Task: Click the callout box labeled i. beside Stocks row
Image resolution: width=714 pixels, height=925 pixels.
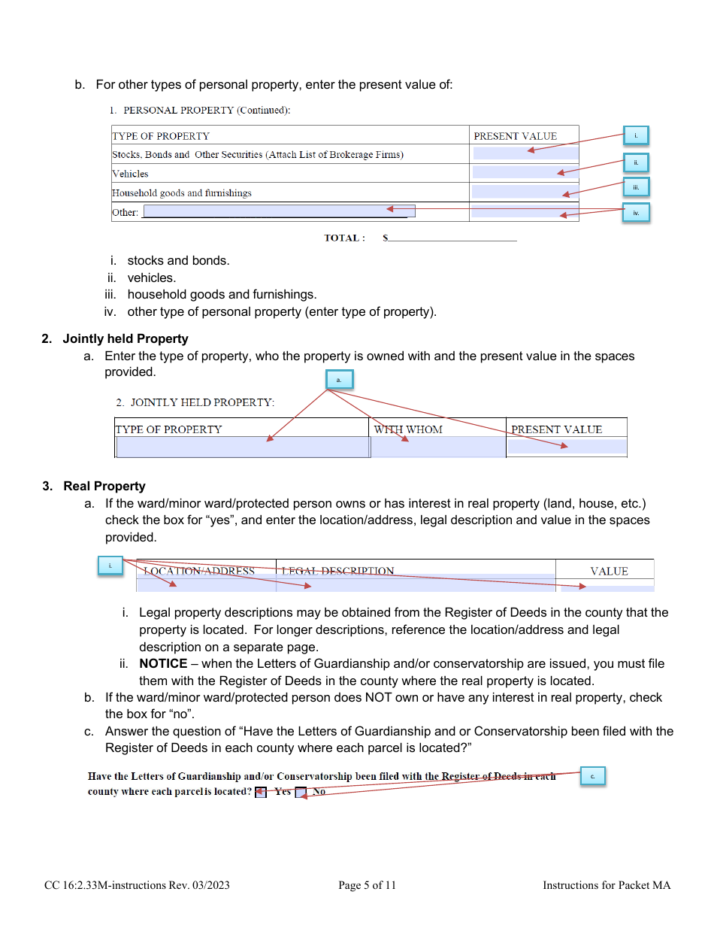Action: (635, 135)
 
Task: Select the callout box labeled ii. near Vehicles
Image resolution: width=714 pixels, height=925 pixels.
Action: (635, 162)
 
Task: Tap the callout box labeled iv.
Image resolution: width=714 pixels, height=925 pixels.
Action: (635, 213)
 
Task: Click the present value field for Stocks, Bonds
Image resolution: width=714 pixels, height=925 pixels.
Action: (525, 153)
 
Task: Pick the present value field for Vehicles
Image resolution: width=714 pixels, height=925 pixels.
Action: (525, 172)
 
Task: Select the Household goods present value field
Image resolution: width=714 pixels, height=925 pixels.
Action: (525, 192)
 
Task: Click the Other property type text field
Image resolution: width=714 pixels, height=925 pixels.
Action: (279, 211)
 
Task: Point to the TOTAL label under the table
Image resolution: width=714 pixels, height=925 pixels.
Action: (344, 238)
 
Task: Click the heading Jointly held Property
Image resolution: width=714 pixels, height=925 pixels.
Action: (126, 338)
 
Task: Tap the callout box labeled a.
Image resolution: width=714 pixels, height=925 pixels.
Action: (338, 380)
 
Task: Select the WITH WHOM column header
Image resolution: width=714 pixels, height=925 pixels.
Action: (408, 429)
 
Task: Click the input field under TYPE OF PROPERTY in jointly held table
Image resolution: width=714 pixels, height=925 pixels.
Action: (243, 447)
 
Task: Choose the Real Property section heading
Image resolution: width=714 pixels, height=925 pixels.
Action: (104, 486)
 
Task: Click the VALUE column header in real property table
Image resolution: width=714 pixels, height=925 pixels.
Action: (609, 571)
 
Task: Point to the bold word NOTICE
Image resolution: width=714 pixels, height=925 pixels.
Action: (163, 663)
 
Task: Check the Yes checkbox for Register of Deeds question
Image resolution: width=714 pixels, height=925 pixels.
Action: (261, 792)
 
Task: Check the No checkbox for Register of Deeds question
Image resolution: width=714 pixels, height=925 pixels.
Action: (301, 792)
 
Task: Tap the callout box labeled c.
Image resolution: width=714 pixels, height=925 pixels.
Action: (592, 776)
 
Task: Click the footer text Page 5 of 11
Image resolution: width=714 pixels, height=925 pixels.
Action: (367, 885)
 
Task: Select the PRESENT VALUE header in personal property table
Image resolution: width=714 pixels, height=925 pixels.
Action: (515, 136)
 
